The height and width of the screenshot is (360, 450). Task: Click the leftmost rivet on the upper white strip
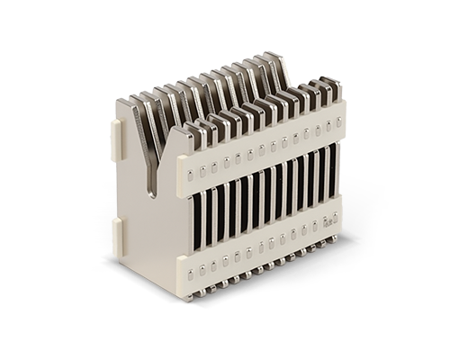191,171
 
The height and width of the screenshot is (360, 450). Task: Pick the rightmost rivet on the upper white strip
339,120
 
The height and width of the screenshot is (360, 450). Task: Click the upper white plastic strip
261,148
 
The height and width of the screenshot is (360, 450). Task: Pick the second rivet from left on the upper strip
203,167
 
